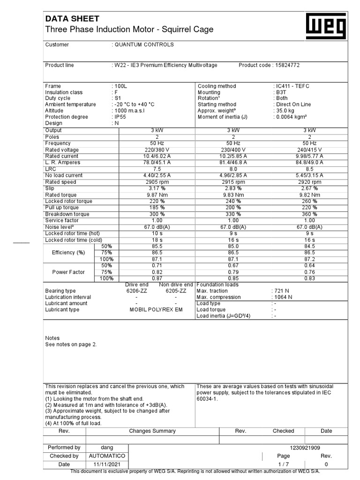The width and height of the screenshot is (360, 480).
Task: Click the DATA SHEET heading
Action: point(72,19)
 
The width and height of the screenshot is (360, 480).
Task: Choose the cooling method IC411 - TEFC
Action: point(292,86)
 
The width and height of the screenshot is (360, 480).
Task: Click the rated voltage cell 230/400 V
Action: point(233,150)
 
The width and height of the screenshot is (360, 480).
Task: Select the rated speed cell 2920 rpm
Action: point(309,182)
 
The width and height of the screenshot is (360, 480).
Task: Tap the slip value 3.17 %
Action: point(157,188)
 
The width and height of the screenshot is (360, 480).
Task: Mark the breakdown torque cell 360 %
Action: point(309,214)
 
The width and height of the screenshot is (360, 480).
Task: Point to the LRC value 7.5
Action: point(157,169)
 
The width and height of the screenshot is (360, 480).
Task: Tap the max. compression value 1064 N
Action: point(283,297)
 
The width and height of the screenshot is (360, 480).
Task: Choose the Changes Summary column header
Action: point(152,431)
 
